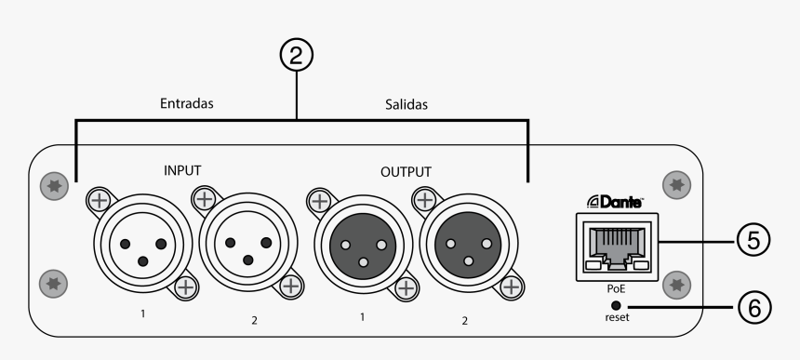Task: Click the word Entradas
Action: [186, 103]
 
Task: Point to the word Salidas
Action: [407, 104]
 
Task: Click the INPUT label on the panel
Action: [182, 170]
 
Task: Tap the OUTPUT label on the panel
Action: [407, 172]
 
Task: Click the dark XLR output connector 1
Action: [358, 245]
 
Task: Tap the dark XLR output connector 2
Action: [461, 245]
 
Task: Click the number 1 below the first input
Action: [143, 313]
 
